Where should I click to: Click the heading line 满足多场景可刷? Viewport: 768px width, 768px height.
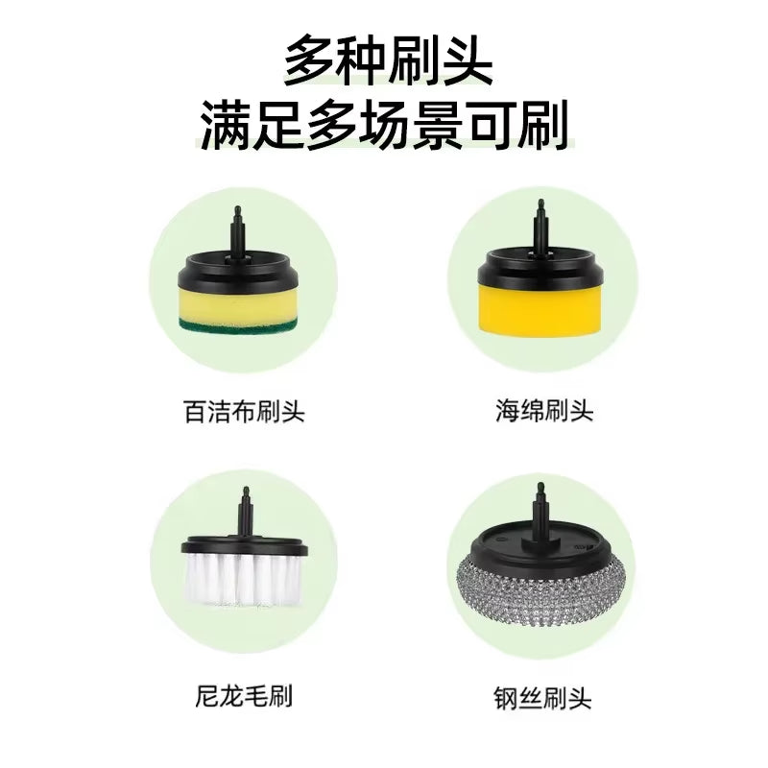(384, 125)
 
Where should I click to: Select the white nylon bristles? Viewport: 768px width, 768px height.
(242, 581)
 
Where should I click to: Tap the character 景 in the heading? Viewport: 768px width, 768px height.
(449, 125)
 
